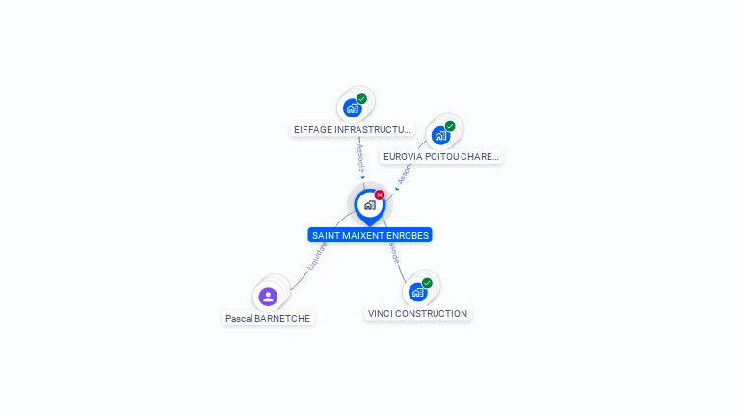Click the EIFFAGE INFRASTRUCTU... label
(x=353, y=129)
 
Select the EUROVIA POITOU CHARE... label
(x=440, y=156)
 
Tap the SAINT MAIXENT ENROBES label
(x=370, y=235)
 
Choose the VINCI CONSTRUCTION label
(x=417, y=314)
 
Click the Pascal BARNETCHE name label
(x=268, y=318)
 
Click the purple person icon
(x=268, y=297)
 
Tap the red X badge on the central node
(x=380, y=195)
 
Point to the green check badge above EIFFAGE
(x=361, y=99)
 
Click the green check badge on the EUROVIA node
(x=450, y=126)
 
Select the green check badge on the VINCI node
(x=427, y=283)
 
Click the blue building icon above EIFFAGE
(x=352, y=108)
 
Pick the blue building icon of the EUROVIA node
(x=440, y=135)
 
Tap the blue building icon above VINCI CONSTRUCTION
(x=417, y=292)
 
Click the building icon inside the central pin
(x=369, y=205)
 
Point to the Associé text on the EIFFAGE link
(x=360, y=159)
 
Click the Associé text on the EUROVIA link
(x=404, y=173)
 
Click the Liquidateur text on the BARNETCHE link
(x=317, y=255)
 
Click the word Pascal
(x=239, y=318)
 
